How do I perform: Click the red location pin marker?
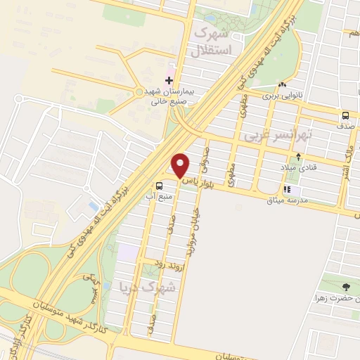tap(180, 165)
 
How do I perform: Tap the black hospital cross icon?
tap(169, 81)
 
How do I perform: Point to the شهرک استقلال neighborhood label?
tap(212, 41)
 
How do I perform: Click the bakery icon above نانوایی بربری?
tap(283, 84)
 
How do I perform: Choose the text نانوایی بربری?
tap(283, 95)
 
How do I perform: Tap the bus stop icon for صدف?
tap(345, 116)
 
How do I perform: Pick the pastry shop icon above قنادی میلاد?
tap(300, 157)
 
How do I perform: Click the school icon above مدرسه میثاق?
tap(286, 189)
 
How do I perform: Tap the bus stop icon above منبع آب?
tap(160, 186)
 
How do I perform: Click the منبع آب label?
tap(158, 198)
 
